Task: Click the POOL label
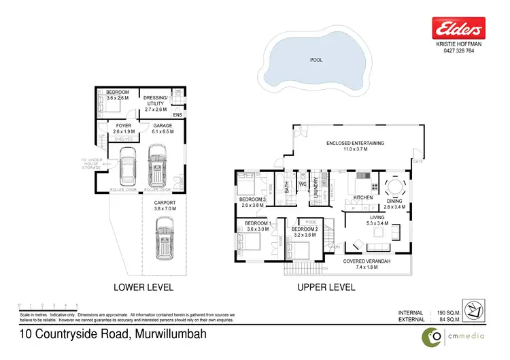(x=316, y=60)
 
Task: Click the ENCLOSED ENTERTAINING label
(x=356, y=143)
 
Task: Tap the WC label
(x=303, y=184)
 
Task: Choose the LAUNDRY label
(x=316, y=188)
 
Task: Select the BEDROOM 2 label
(x=305, y=230)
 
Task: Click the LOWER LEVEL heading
(x=143, y=287)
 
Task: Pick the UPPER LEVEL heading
(x=326, y=287)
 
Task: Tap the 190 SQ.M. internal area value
(x=446, y=312)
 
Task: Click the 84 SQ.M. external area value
(x=446, y=319)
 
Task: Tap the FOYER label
(x=124, y=126)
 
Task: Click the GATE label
(x=418, y=162)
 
